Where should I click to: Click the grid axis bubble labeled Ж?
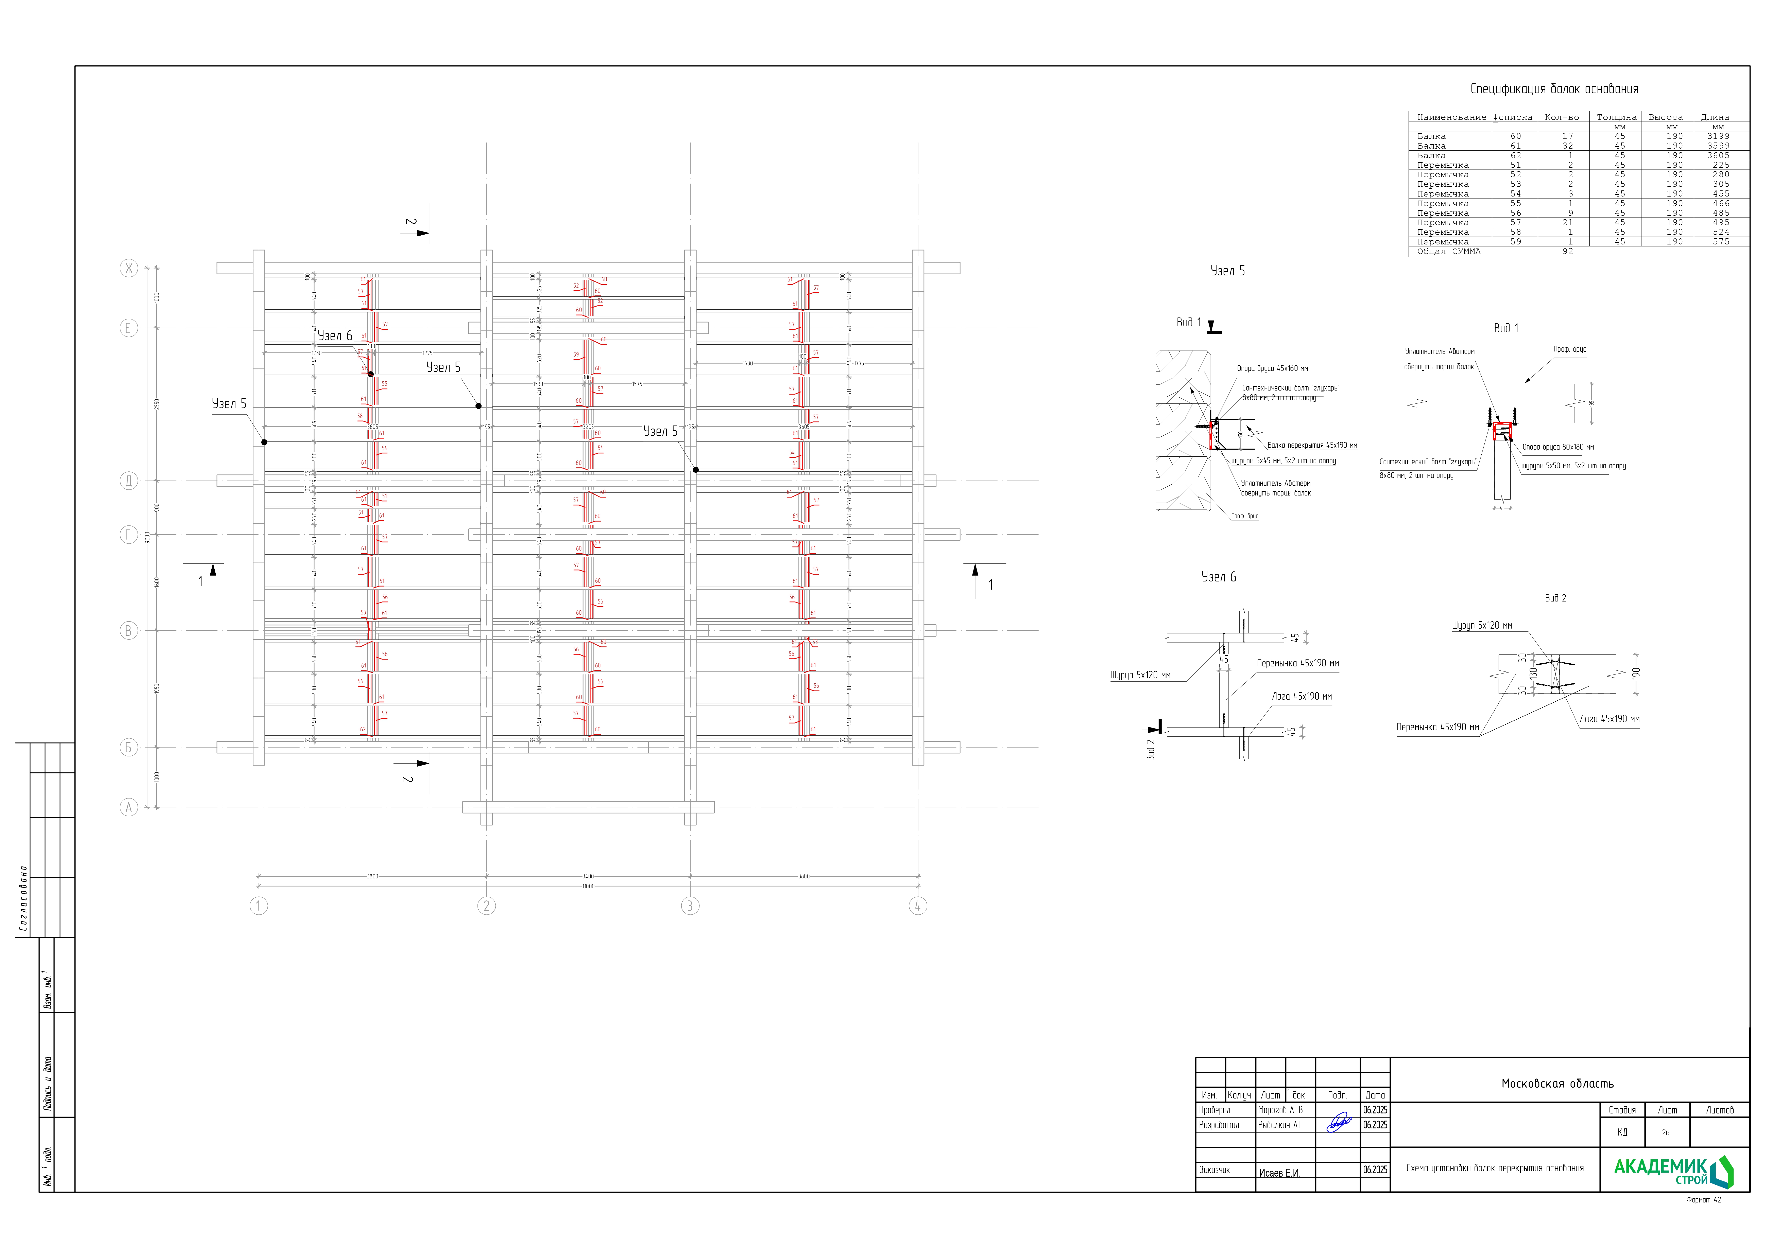tap(129, 268)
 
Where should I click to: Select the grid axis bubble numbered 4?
tap(918, 905)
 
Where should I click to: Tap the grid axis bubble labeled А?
tap(129, 807)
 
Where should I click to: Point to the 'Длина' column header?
tap(1715, 117)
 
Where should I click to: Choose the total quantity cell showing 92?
tap(1568, 251)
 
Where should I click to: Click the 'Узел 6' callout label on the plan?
tap(335, 336)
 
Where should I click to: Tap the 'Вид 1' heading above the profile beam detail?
tap(1505, 328)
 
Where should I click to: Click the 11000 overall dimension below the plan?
tap(588, 886)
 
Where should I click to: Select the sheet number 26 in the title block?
tap(1665, 1132)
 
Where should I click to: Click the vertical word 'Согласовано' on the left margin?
tap(23, 898)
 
